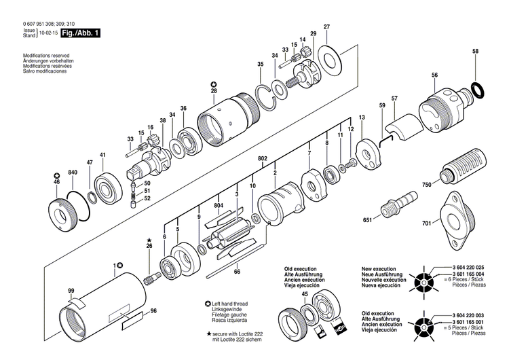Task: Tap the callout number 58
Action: tap(475, 52)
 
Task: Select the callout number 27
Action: tap(326, 26)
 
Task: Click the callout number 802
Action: tap(262, 158)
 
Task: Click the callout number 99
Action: tap(71, 291)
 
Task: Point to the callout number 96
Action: tap(153, 310)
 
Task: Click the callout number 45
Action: tap(305, 293)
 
